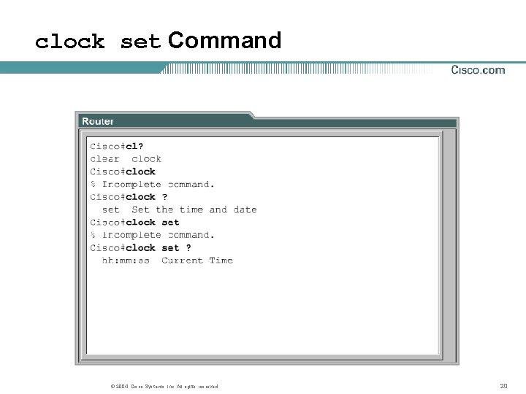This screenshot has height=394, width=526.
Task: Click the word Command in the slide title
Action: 224,40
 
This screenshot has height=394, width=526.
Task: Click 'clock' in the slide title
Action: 69,42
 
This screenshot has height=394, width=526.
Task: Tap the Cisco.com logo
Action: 478,70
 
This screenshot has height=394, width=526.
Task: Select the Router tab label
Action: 98,121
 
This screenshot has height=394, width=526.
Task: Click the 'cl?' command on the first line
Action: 134,146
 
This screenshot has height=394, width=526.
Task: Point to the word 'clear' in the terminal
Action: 104,159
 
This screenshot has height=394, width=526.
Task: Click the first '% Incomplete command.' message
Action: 153,185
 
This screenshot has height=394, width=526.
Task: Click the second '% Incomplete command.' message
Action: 153,235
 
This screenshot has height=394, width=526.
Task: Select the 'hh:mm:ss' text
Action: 126,260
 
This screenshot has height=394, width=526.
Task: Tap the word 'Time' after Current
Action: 221,260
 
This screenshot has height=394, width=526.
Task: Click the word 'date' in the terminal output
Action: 245,210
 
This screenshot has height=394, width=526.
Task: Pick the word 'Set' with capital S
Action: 141,210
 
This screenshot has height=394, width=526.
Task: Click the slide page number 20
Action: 503,386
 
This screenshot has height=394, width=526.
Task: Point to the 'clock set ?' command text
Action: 159,248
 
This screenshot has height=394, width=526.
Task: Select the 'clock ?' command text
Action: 147,197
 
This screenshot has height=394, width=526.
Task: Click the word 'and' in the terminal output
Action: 218,210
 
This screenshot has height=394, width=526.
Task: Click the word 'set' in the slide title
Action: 140,42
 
